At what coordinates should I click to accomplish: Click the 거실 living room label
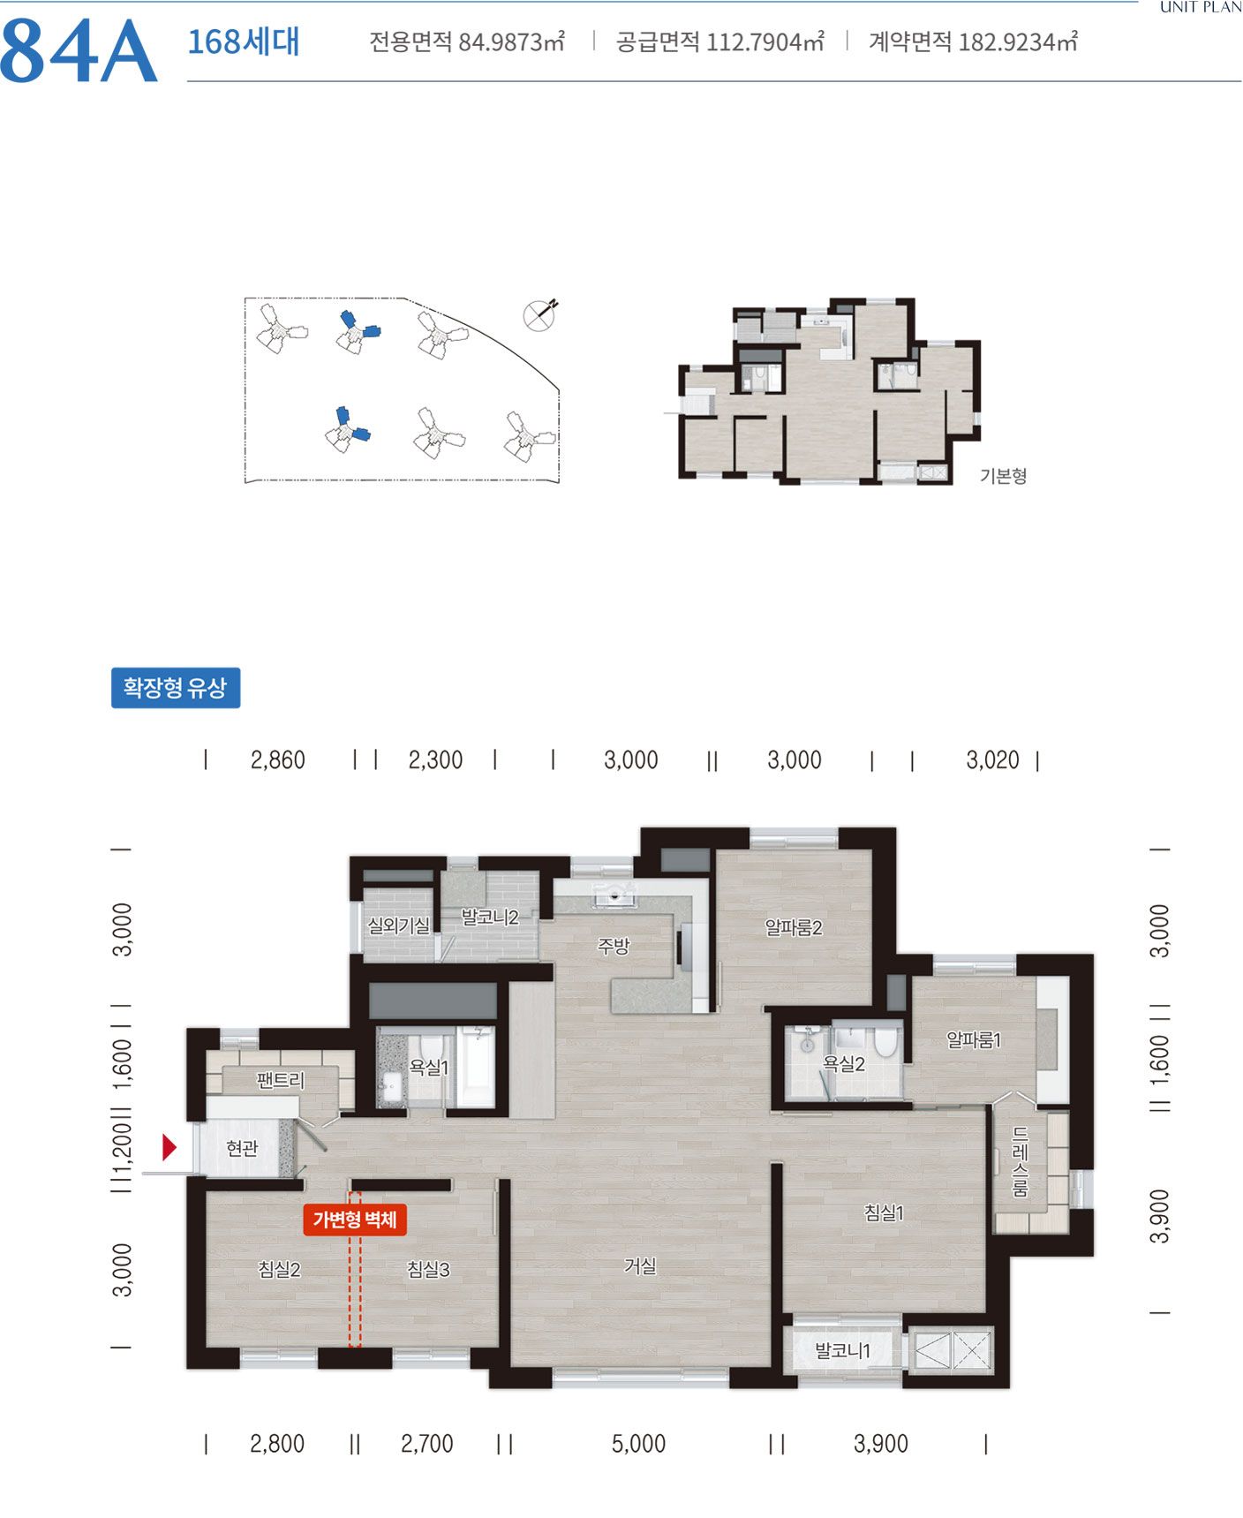(x=640, y=1265)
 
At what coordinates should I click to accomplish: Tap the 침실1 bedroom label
(x=884, y=1212)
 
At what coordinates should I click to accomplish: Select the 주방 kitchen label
(x=614, y=946)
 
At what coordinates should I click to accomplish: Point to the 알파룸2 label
(x=794, y=927)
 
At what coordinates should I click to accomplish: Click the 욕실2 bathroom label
(x=844, y=1064)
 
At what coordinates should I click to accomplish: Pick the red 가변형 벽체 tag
(x=355, y=1220)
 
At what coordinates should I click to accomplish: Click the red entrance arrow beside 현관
(x=169, y=1148)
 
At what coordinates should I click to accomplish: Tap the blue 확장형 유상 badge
(x=176, y=688)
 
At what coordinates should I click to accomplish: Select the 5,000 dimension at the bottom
(x=638, y=1444)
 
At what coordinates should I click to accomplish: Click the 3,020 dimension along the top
(x=992, y=759)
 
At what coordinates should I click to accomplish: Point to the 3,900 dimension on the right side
(x=1160, y=1216)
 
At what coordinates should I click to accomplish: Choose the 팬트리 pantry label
(x=280, y=1079)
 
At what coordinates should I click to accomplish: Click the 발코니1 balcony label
(x=843, y=1350)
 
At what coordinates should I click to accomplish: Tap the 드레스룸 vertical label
(x=1020, y=1161)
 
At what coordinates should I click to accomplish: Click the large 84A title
(x=79, y=51)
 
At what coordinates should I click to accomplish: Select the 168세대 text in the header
(x=244, y=42)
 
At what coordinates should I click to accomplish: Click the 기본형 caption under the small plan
(x=1004, y=476)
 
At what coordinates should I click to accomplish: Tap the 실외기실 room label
(x=398, y=925)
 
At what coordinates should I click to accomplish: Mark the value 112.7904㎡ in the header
(x=765, y=42)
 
